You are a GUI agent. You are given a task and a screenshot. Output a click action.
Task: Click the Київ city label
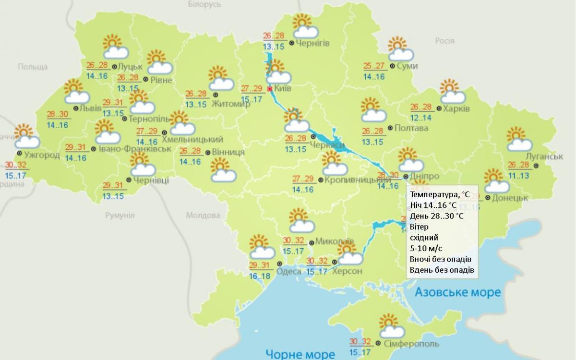pyautogui.click(x=283, y=89)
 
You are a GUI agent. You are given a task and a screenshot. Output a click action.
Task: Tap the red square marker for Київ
pyautogui.click(x=269, y=89)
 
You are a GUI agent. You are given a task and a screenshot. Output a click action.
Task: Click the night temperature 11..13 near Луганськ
pyautogui.click(x=518, y=176)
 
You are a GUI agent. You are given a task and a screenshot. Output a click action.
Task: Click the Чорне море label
pyautogui.click(x=300, y=354)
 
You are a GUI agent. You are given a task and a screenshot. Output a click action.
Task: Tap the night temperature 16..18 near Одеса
pyautogui.click(x=260, y=276)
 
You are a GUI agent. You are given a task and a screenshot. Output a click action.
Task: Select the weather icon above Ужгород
pyautogui.click(x=26, y=136)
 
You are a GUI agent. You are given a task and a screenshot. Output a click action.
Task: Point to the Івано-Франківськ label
pyautogui.click(x=135, y=149)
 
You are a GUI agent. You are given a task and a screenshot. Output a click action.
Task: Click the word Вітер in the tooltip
pyautogui.click(x=419, y=227)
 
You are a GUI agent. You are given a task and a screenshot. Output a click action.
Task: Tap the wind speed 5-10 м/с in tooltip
pyautogui.click(x=426, y=248)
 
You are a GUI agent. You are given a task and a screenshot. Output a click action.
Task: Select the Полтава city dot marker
pyautogui.click(x=390, y=128)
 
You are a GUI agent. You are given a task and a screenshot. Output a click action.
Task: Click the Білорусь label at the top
pyautogui.click(x=204, y=4)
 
